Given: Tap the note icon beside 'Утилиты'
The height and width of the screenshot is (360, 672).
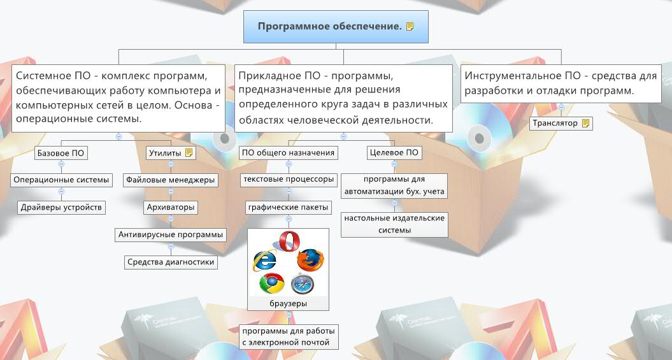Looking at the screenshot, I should click(189, 153).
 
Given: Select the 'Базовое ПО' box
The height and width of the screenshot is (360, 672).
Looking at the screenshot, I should click(61, 153).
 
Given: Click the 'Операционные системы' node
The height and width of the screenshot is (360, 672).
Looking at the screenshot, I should click(62, 180).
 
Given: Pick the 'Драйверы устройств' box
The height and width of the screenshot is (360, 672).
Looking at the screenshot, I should click(61, 208).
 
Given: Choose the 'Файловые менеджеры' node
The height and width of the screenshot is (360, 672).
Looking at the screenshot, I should click(170, 180).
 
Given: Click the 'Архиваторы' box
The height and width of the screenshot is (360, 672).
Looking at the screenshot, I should click(170, 208).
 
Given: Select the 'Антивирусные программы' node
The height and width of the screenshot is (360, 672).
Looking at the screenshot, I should click(171, 235).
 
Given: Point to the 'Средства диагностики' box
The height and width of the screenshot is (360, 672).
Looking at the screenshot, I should click(171, 262).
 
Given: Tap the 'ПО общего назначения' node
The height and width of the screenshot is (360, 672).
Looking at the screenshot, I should click(288, 153).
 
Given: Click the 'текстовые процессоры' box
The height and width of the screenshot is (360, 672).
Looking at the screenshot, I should click(289, 180).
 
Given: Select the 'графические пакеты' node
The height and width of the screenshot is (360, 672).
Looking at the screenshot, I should click(289, 207).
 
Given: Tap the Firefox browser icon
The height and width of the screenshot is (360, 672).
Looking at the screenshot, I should click(310, 259).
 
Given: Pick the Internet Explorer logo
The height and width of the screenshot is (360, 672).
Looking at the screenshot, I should click(265, 260).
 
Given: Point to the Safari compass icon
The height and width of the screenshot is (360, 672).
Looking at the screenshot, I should click(303, 283).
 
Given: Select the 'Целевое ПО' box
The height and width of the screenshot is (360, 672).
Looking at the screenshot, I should click(394, 153).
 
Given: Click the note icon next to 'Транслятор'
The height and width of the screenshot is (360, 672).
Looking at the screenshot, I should click(586, 123).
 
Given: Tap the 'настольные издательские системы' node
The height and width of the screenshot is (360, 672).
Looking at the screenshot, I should click(394, 224).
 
